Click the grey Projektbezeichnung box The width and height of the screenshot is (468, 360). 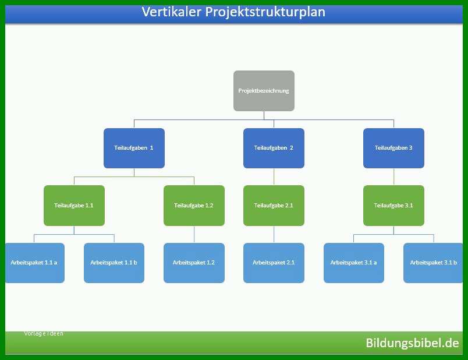[x=264, y=91]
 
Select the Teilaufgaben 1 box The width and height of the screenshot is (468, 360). [x=134, y=148]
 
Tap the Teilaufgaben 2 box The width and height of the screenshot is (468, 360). [x=274, y=148]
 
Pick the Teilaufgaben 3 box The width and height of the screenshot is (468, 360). [x=393, y=148]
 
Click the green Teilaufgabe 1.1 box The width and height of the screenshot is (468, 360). [x=74, y=206]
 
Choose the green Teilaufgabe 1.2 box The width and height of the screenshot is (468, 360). [x=194, y=206]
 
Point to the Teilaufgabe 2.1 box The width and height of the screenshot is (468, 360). [x=274, y=206]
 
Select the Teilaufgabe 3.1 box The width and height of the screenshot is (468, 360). [x=393, y=206]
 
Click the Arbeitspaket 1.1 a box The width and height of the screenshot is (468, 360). [x=34, y=263]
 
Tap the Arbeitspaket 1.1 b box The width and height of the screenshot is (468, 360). [x=114, y=263]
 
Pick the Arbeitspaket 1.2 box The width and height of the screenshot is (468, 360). [x=194, y=263]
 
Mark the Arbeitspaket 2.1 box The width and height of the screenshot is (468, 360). [x=274, y=263]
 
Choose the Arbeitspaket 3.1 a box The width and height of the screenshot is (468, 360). [x=354, y=263]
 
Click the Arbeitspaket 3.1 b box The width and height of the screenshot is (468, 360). [x=433, y=263]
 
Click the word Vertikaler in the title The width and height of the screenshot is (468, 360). [x=171, y=12]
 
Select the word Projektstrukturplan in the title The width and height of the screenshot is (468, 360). [x=265, y=13]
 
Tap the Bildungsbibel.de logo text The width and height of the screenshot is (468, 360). [x=412, y=343]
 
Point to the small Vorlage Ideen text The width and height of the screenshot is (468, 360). [x=44, y=333]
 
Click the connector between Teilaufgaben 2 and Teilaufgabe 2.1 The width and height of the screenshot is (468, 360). [x=274, y=177]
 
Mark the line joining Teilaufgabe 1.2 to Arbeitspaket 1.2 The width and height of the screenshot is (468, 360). [x=194, y=234]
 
